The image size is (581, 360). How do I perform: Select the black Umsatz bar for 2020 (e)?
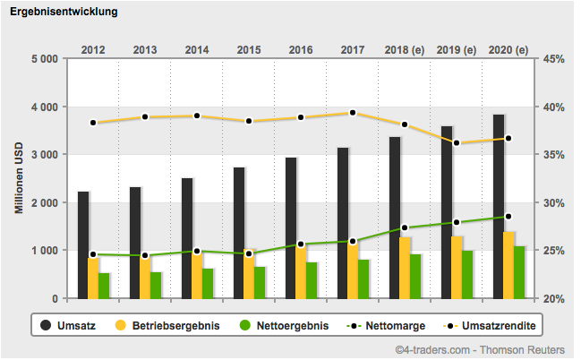tap(499, 206)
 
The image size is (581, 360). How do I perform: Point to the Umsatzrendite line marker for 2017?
tap(353, 113)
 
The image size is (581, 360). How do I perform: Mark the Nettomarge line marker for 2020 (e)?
tap(508, 217)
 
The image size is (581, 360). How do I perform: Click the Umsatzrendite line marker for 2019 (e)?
tap(457, 143)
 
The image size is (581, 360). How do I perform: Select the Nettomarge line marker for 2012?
tap(93, 254)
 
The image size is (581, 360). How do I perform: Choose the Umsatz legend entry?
tap(67, 325)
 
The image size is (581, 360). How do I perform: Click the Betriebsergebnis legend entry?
tap(170, 325)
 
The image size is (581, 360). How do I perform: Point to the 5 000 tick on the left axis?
tap(44, 59)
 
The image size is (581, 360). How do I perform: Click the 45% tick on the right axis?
tap(552, 59)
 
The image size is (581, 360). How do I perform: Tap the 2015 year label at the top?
tap(249, 49)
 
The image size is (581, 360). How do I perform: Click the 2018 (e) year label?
tap(405, 49)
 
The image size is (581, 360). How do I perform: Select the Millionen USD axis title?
tap(18, 179)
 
